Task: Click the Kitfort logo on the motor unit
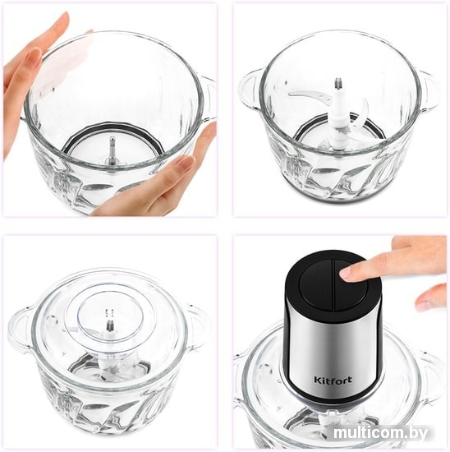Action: tap(333, 380)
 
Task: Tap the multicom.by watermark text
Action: tap(381, 433)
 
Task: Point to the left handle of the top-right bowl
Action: tap(250, 89)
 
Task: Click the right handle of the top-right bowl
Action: tap(430, 92)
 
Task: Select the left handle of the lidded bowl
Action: tap(20, 330)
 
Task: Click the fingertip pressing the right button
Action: tap(350, 272)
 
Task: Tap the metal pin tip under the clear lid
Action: tap(110, 325)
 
